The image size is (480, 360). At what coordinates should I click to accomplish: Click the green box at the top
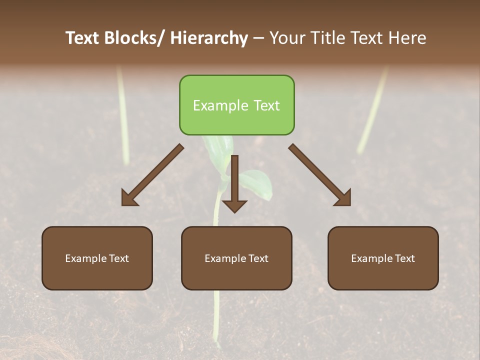click(x=236, y=105)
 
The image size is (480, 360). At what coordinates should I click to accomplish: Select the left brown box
click(x=97, y=258)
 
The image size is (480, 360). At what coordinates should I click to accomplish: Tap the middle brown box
click(x=236, y=258)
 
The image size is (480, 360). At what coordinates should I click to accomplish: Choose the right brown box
click(x=383, y=258)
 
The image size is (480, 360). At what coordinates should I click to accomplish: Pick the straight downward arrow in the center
click(x=234, y=185)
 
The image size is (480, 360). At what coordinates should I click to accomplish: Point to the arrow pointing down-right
click(x=321, y=176)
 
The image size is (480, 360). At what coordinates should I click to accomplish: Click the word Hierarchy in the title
click(x=209, y=38)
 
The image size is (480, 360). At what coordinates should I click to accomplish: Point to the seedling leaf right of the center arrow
click(x=257, y=182)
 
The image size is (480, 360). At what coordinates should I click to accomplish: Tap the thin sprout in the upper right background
click(x=372, y=110)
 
